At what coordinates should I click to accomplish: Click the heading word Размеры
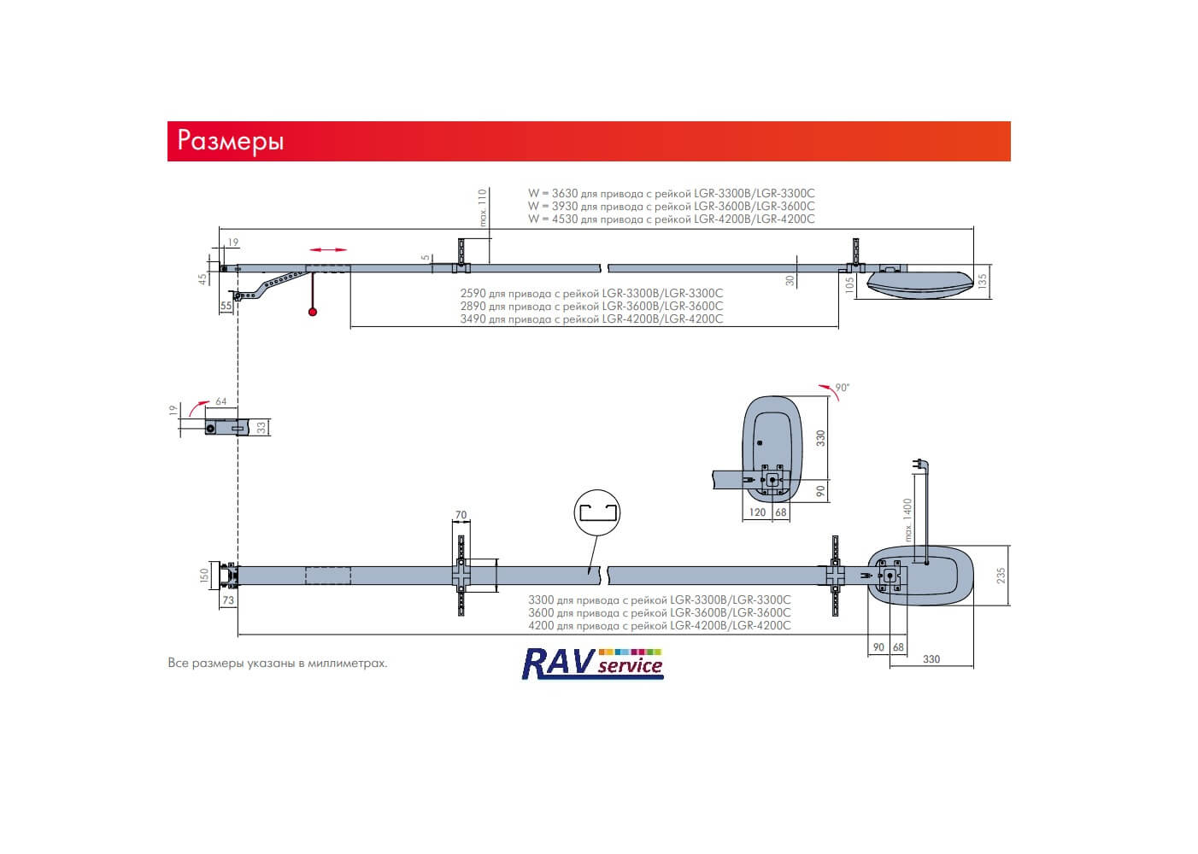(231, 141)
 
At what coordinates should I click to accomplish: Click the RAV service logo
(592, 664)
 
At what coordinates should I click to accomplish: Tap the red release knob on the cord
(313, 312)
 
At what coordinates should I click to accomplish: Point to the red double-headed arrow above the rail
(328, 249)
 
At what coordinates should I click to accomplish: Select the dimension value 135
(982, 282)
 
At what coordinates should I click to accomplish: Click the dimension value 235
(1001, 576)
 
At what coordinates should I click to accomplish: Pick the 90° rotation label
(843, 388)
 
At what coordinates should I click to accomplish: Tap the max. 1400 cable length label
(907, 520)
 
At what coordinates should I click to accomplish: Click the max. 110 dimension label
(483, 208)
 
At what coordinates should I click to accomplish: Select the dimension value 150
(203, 576)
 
